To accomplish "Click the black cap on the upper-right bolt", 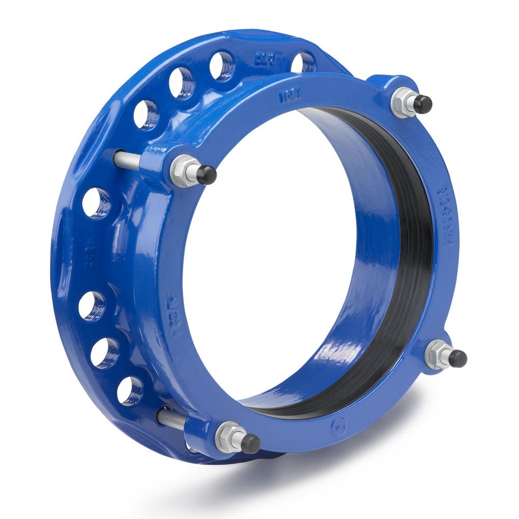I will point(422,105).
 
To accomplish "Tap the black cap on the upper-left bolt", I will point(207,175).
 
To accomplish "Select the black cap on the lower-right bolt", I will point(457,358).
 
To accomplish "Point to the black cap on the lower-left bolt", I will point(251,443).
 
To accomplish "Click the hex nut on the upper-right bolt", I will point(402,102).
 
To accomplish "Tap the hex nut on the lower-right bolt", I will point(437,354).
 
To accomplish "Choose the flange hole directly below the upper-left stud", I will point(97,202).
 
